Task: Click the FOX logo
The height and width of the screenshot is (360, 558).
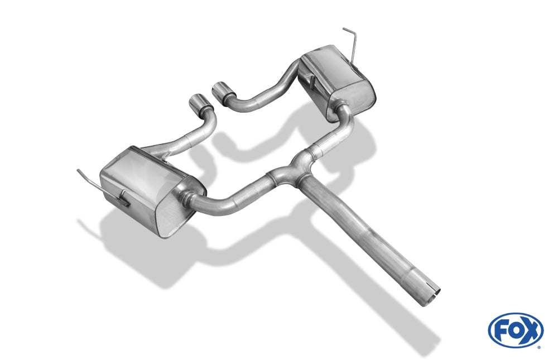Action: [516, 330]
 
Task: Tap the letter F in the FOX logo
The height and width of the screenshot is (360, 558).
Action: [501, 331]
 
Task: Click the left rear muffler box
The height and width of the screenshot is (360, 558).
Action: [152, 189]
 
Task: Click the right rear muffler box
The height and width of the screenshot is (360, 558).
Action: [336, 80]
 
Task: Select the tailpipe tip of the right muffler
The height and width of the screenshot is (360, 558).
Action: [224, 90]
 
